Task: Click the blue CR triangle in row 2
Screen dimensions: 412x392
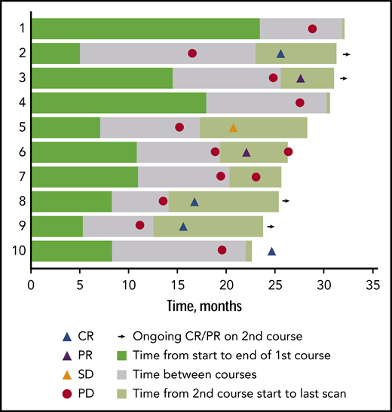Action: [280, 53]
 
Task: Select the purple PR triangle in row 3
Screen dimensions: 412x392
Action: [301, 78]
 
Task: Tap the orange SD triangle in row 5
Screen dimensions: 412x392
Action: [233, 127]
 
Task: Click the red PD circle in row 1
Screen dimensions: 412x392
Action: [312, 29]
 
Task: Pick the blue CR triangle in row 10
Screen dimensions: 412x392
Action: [271, 250]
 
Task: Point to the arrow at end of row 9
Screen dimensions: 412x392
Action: [271, 226]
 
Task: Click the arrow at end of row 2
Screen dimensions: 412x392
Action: [346, 54]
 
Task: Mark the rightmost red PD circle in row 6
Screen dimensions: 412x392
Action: [288, 151]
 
